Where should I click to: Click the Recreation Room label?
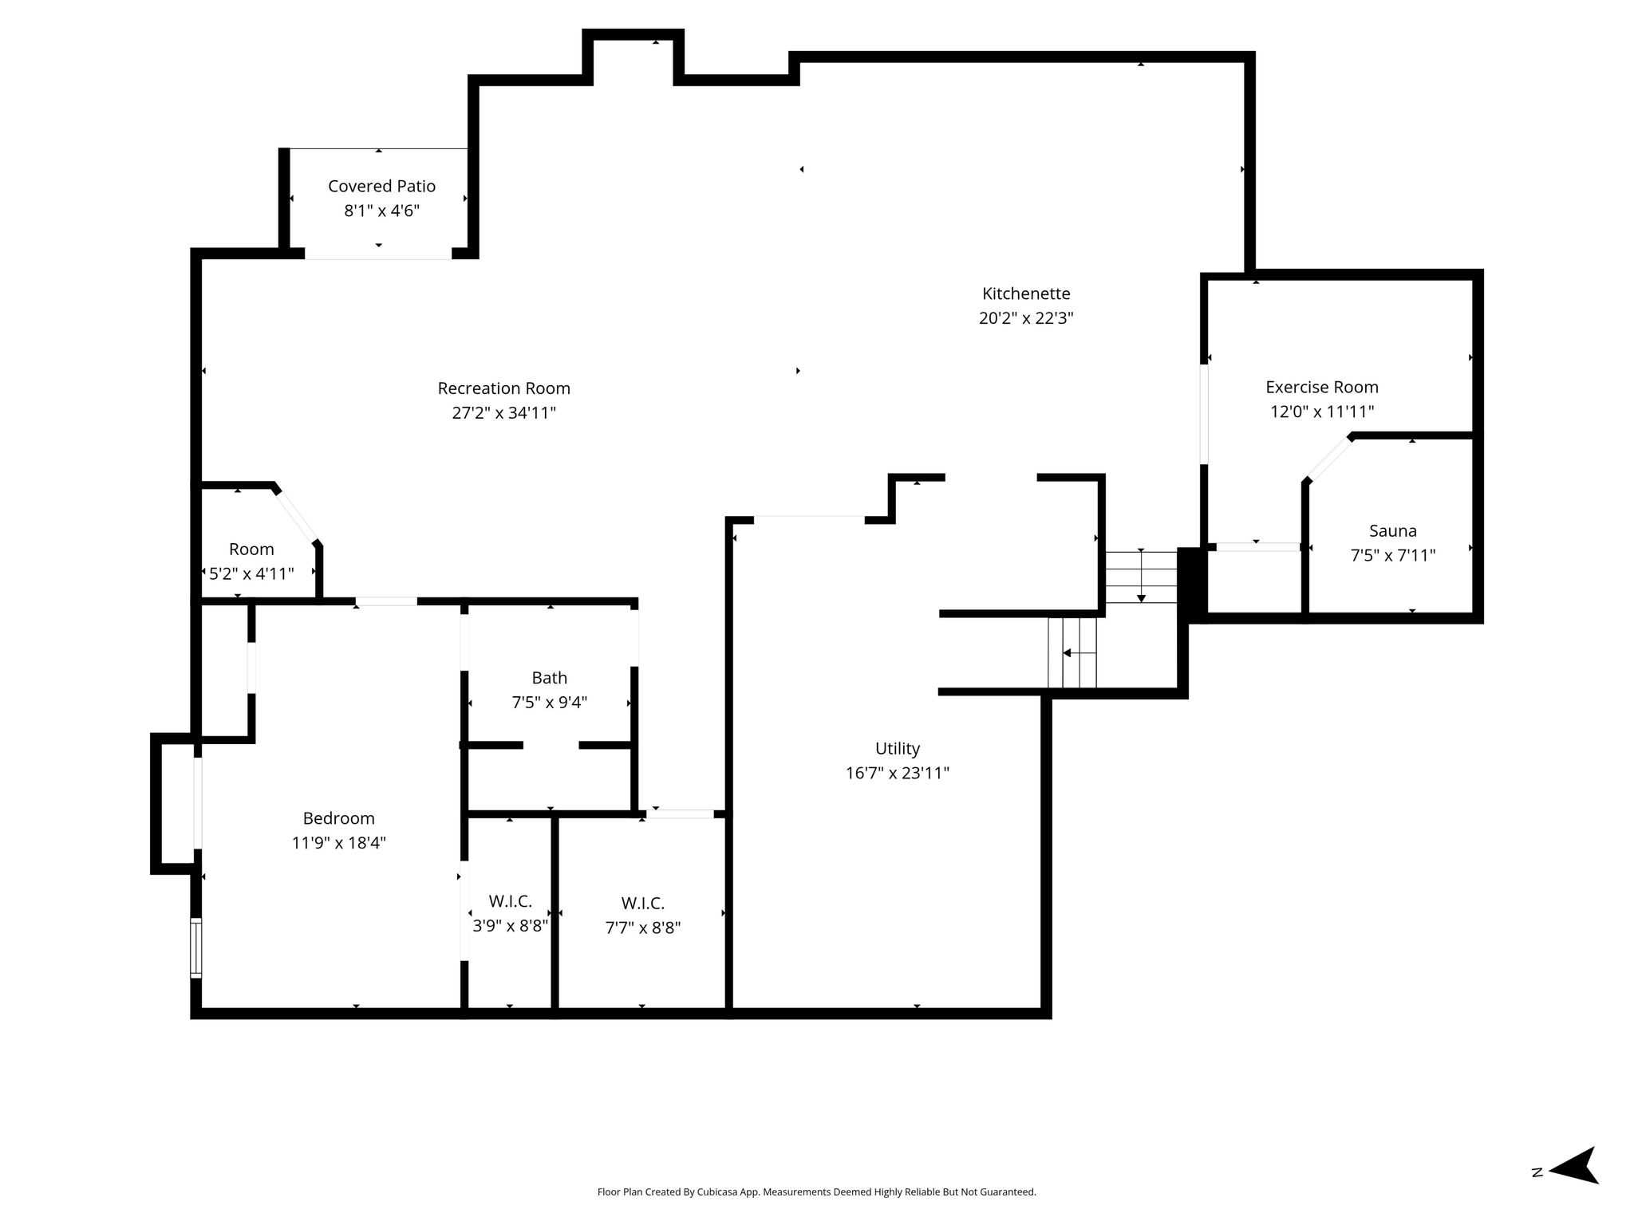pyautogui.click(x=503, y=388)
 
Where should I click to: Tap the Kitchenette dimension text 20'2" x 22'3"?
pyautogui.click(x=1026, y=318)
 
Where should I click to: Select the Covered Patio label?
pyautogui.click(x=381, y=187)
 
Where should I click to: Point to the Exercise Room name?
pyautogui.click(x=1322, y=387)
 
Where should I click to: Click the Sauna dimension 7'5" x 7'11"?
pyautogui.click(x=1393, y=555)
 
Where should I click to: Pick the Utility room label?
pyautogui.click(x=898, y=749)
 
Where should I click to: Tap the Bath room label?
pyautogui.click(x=550, y=678)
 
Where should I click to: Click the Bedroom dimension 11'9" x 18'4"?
pyautogui.click(x=339, y=843)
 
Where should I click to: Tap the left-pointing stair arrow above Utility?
pyautogui.click(x=1079, y=653)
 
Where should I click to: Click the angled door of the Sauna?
pyautogui.click(x=1328, y=459)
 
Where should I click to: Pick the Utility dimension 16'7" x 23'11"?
pyautogui.click(x=898, y=774)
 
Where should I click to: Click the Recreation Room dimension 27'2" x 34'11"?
pyautogui.click(x=503, y=413)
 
